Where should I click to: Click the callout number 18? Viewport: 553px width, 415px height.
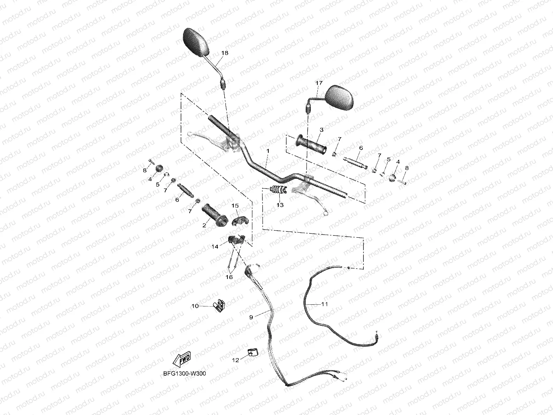tap(225, 53)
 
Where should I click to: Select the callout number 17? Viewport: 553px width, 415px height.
tap(319, 83)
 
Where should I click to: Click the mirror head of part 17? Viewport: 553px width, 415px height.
tap(340, 97)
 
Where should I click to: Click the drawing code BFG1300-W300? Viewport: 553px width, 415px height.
tap(185, 374)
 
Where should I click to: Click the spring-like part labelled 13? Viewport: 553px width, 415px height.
tap(278, 191)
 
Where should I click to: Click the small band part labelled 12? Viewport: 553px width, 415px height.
tap(252, 353)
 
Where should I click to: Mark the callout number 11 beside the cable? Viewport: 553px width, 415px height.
tap(324, 304)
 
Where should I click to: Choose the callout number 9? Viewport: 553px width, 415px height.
tap(251, 317)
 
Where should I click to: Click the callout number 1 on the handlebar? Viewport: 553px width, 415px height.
tap(268, 150)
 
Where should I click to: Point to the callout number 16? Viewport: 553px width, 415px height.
tap(229, 277)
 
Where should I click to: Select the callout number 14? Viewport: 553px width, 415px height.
tap(215, 246)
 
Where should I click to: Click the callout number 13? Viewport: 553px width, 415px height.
tap(280, 205)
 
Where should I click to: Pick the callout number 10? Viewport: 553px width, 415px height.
tap(195, 306)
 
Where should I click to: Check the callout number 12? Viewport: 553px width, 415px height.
tap(236, 360)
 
